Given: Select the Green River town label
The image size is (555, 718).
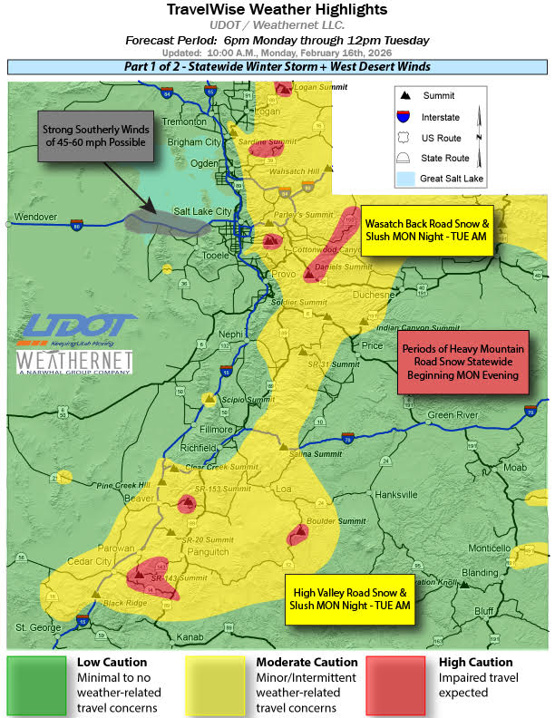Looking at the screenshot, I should pyautogui.click(x=452, y=416).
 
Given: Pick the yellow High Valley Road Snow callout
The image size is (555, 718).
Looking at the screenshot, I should pyautogui.click(x=349, y=598).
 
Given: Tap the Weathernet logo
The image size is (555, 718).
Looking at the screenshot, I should pyautogui.click(x=75, y=363).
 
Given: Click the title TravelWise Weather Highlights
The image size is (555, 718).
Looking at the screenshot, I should pyautogui.click(x=277, y=10).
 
